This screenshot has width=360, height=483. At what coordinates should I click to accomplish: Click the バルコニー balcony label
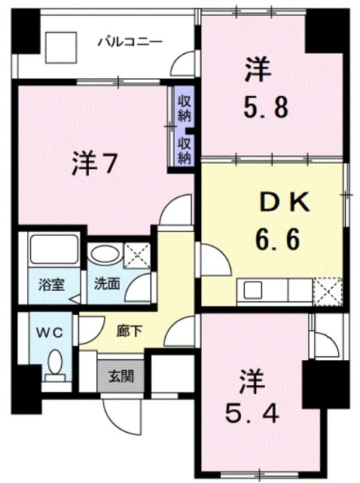(130, 41)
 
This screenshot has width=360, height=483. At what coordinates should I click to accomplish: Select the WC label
(44, 331)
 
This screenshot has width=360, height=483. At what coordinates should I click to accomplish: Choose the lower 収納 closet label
(184, 149)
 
